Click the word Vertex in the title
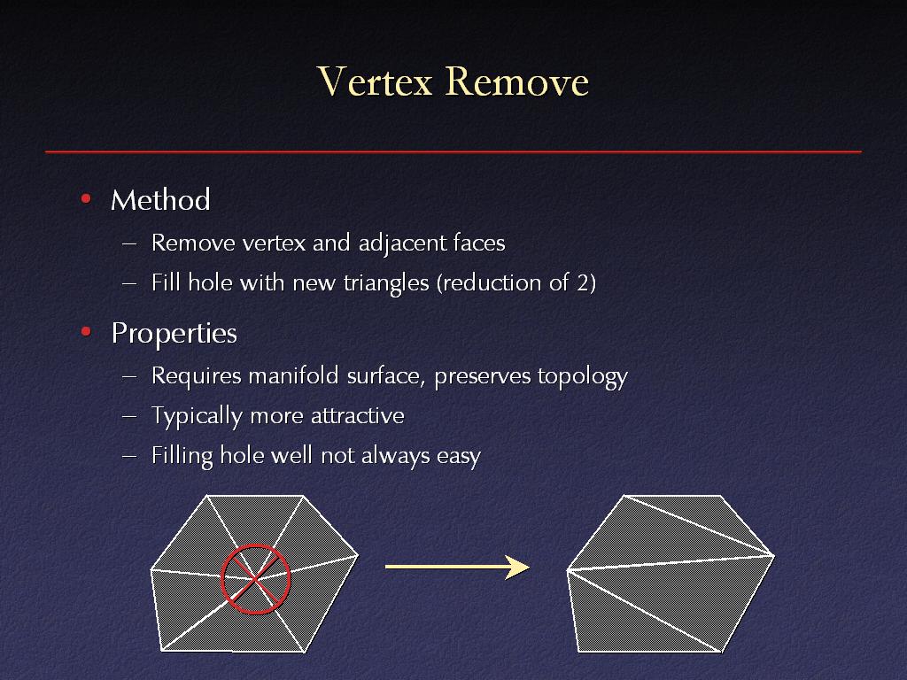click(375, 81)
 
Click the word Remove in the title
click(517, 81)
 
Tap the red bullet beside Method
click(86, 199)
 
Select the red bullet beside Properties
click(86, 331)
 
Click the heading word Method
click(160, 200)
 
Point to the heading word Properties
click(174, 334)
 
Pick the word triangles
click(386, 283)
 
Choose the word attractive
click(358, 416)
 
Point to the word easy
click(459, 457)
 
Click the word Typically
click(197, 417)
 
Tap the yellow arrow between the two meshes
click(457, 567)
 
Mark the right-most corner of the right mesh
click(774, 555)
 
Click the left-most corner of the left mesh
click(151, 570)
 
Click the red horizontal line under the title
click(453, 151)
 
